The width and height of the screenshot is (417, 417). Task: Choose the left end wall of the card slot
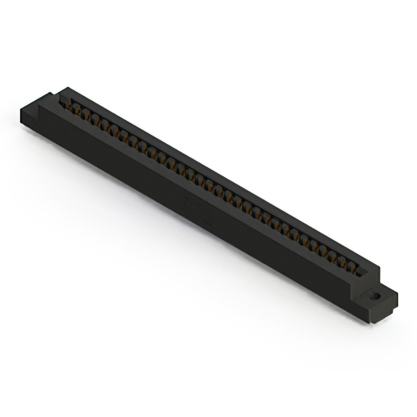pos(63,98)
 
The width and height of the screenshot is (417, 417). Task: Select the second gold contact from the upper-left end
pos(77,109)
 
